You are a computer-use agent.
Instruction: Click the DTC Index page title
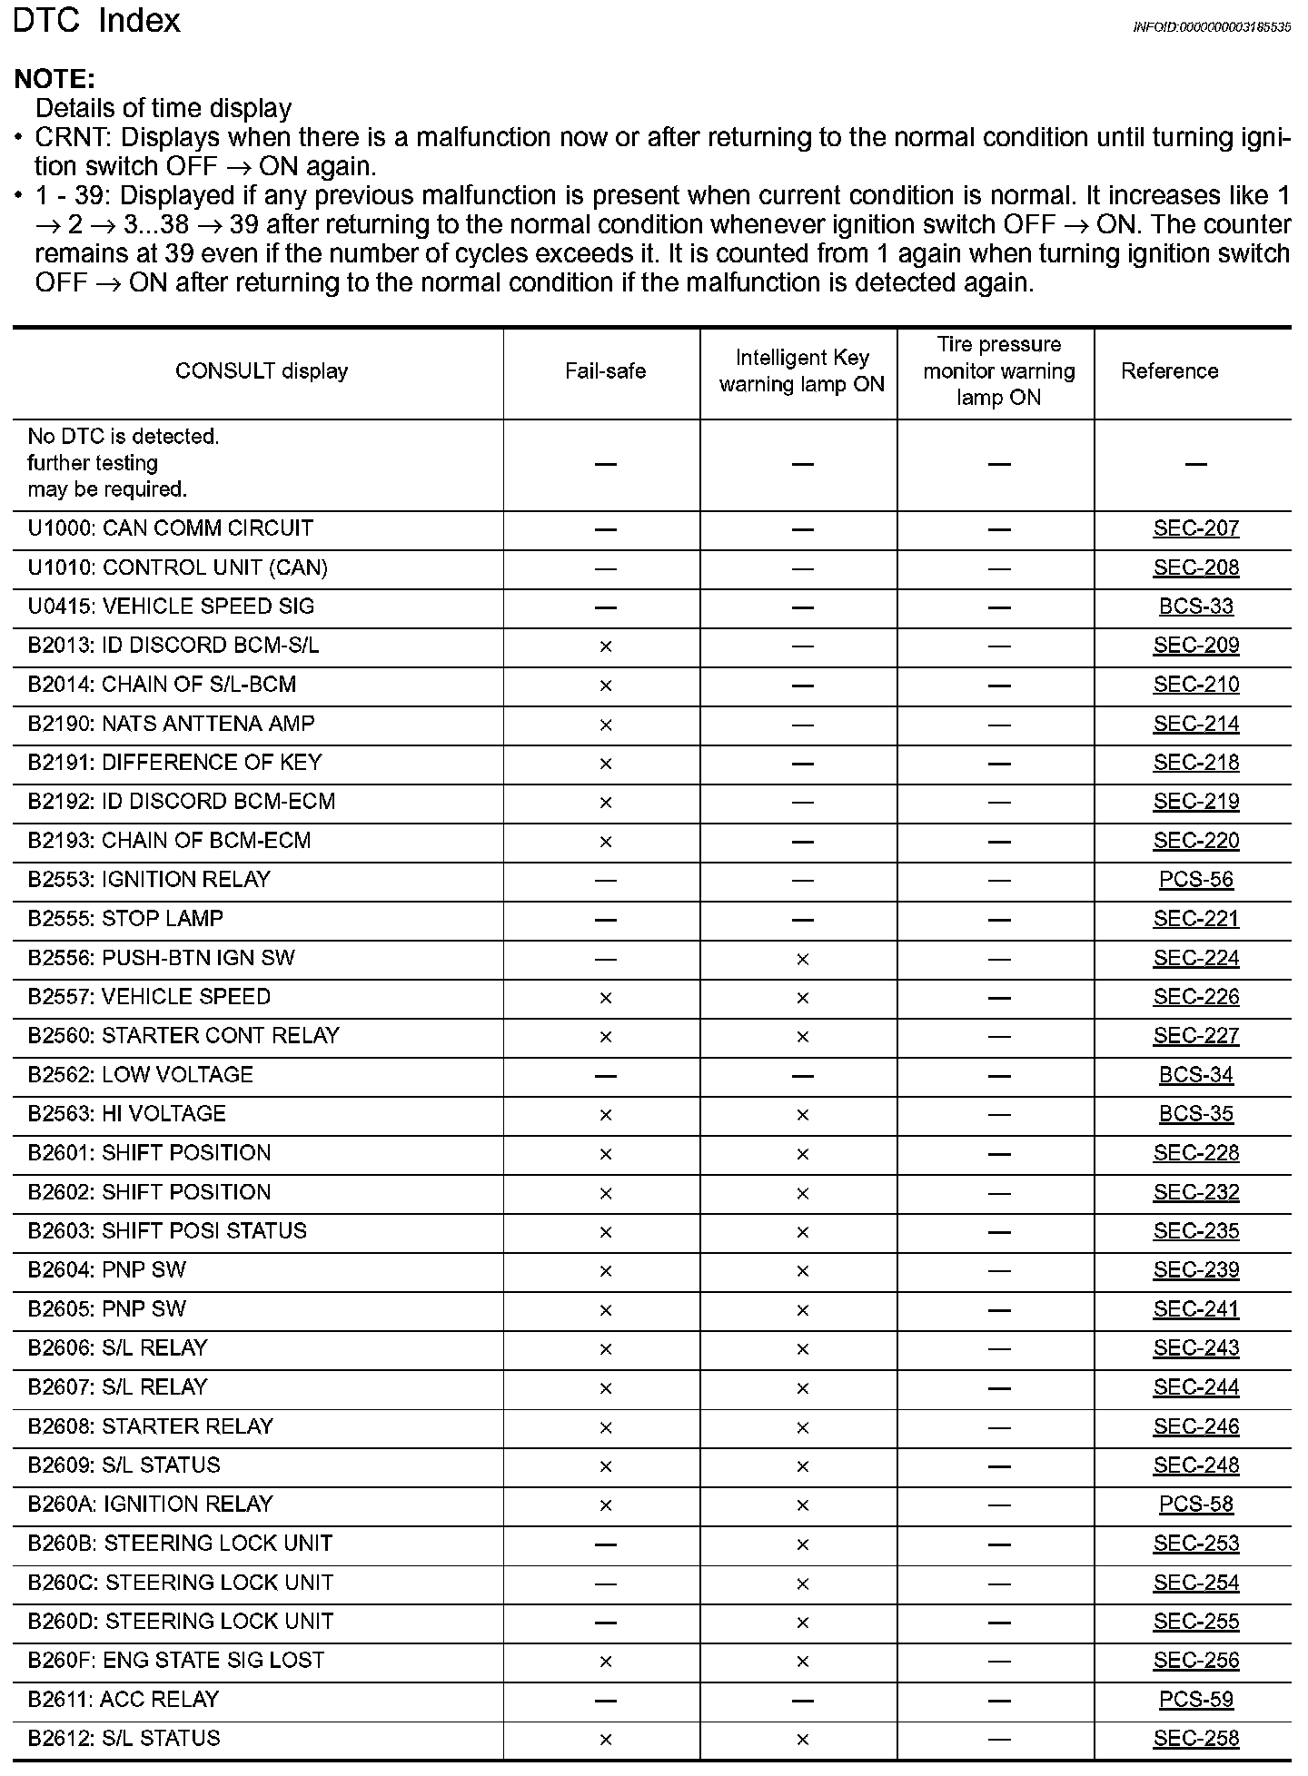pos(97,22)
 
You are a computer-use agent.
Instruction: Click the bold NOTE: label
pos(54,79)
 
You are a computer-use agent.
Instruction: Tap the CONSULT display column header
pos(262,371)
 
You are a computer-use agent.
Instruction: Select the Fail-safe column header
pos(605,371)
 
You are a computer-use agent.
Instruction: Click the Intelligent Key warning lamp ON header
pos(801,371)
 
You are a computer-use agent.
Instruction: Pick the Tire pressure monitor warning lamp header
pos(998,371)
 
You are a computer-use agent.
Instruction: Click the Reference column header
pos(1169,371)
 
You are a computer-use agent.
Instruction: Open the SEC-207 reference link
pos(1195,528)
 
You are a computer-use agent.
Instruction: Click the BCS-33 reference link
pos(1195,607)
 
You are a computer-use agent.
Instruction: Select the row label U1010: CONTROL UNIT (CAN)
pos(177,567)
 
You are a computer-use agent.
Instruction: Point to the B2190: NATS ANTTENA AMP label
pos(171,724)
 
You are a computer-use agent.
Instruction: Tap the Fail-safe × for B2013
pos(606,646)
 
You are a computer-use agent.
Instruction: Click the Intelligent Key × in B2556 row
pos(802,959)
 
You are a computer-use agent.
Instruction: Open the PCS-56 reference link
pos(1195,880)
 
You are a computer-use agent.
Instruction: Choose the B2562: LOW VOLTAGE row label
pos(140,1075)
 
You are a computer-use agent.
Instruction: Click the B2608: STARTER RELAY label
pos(150,1426)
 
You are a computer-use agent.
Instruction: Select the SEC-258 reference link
pos(1195,1739)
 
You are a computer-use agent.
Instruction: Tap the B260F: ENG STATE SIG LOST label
pos(175,1661)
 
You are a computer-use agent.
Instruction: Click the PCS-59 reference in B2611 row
pos(1195,1700)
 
